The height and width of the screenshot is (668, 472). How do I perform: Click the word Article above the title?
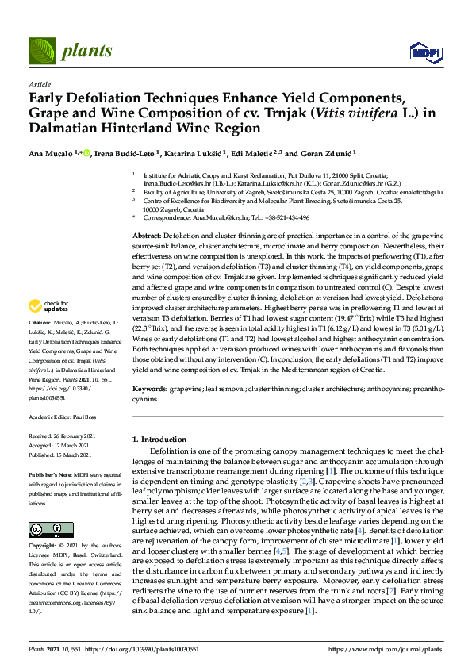tap(39, 83)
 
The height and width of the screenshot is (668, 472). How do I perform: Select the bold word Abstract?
tap(146, 237)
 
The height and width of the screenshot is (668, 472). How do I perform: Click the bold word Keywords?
tap(149, 390)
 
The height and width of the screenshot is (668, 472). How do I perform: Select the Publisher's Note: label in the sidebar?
tap(52, 472)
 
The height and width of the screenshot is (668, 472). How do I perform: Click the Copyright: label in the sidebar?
tap(44, 547)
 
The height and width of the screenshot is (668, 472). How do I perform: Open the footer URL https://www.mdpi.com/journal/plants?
tap(389, 648)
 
